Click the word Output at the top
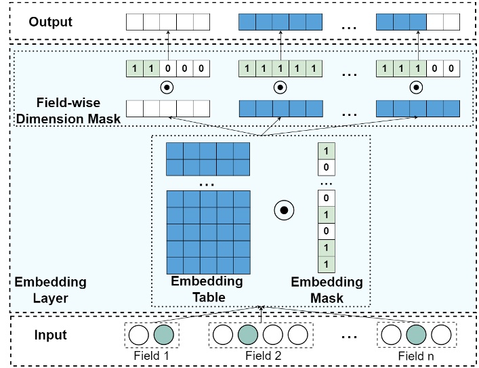[51, 22]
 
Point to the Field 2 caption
[262, 354]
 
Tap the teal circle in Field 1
[165, 335]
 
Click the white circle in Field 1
[139, 335]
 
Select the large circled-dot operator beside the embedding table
[285, 211]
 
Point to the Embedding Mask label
[327, 287]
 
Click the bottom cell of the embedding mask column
[327, 264]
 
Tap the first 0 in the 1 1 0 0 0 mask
[168, 68]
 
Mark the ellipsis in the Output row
[350, 24]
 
